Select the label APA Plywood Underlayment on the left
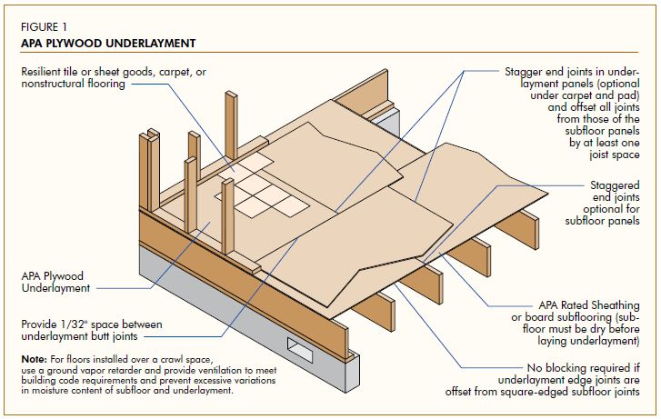coord(55,281)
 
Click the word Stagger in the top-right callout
coord(526,69)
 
